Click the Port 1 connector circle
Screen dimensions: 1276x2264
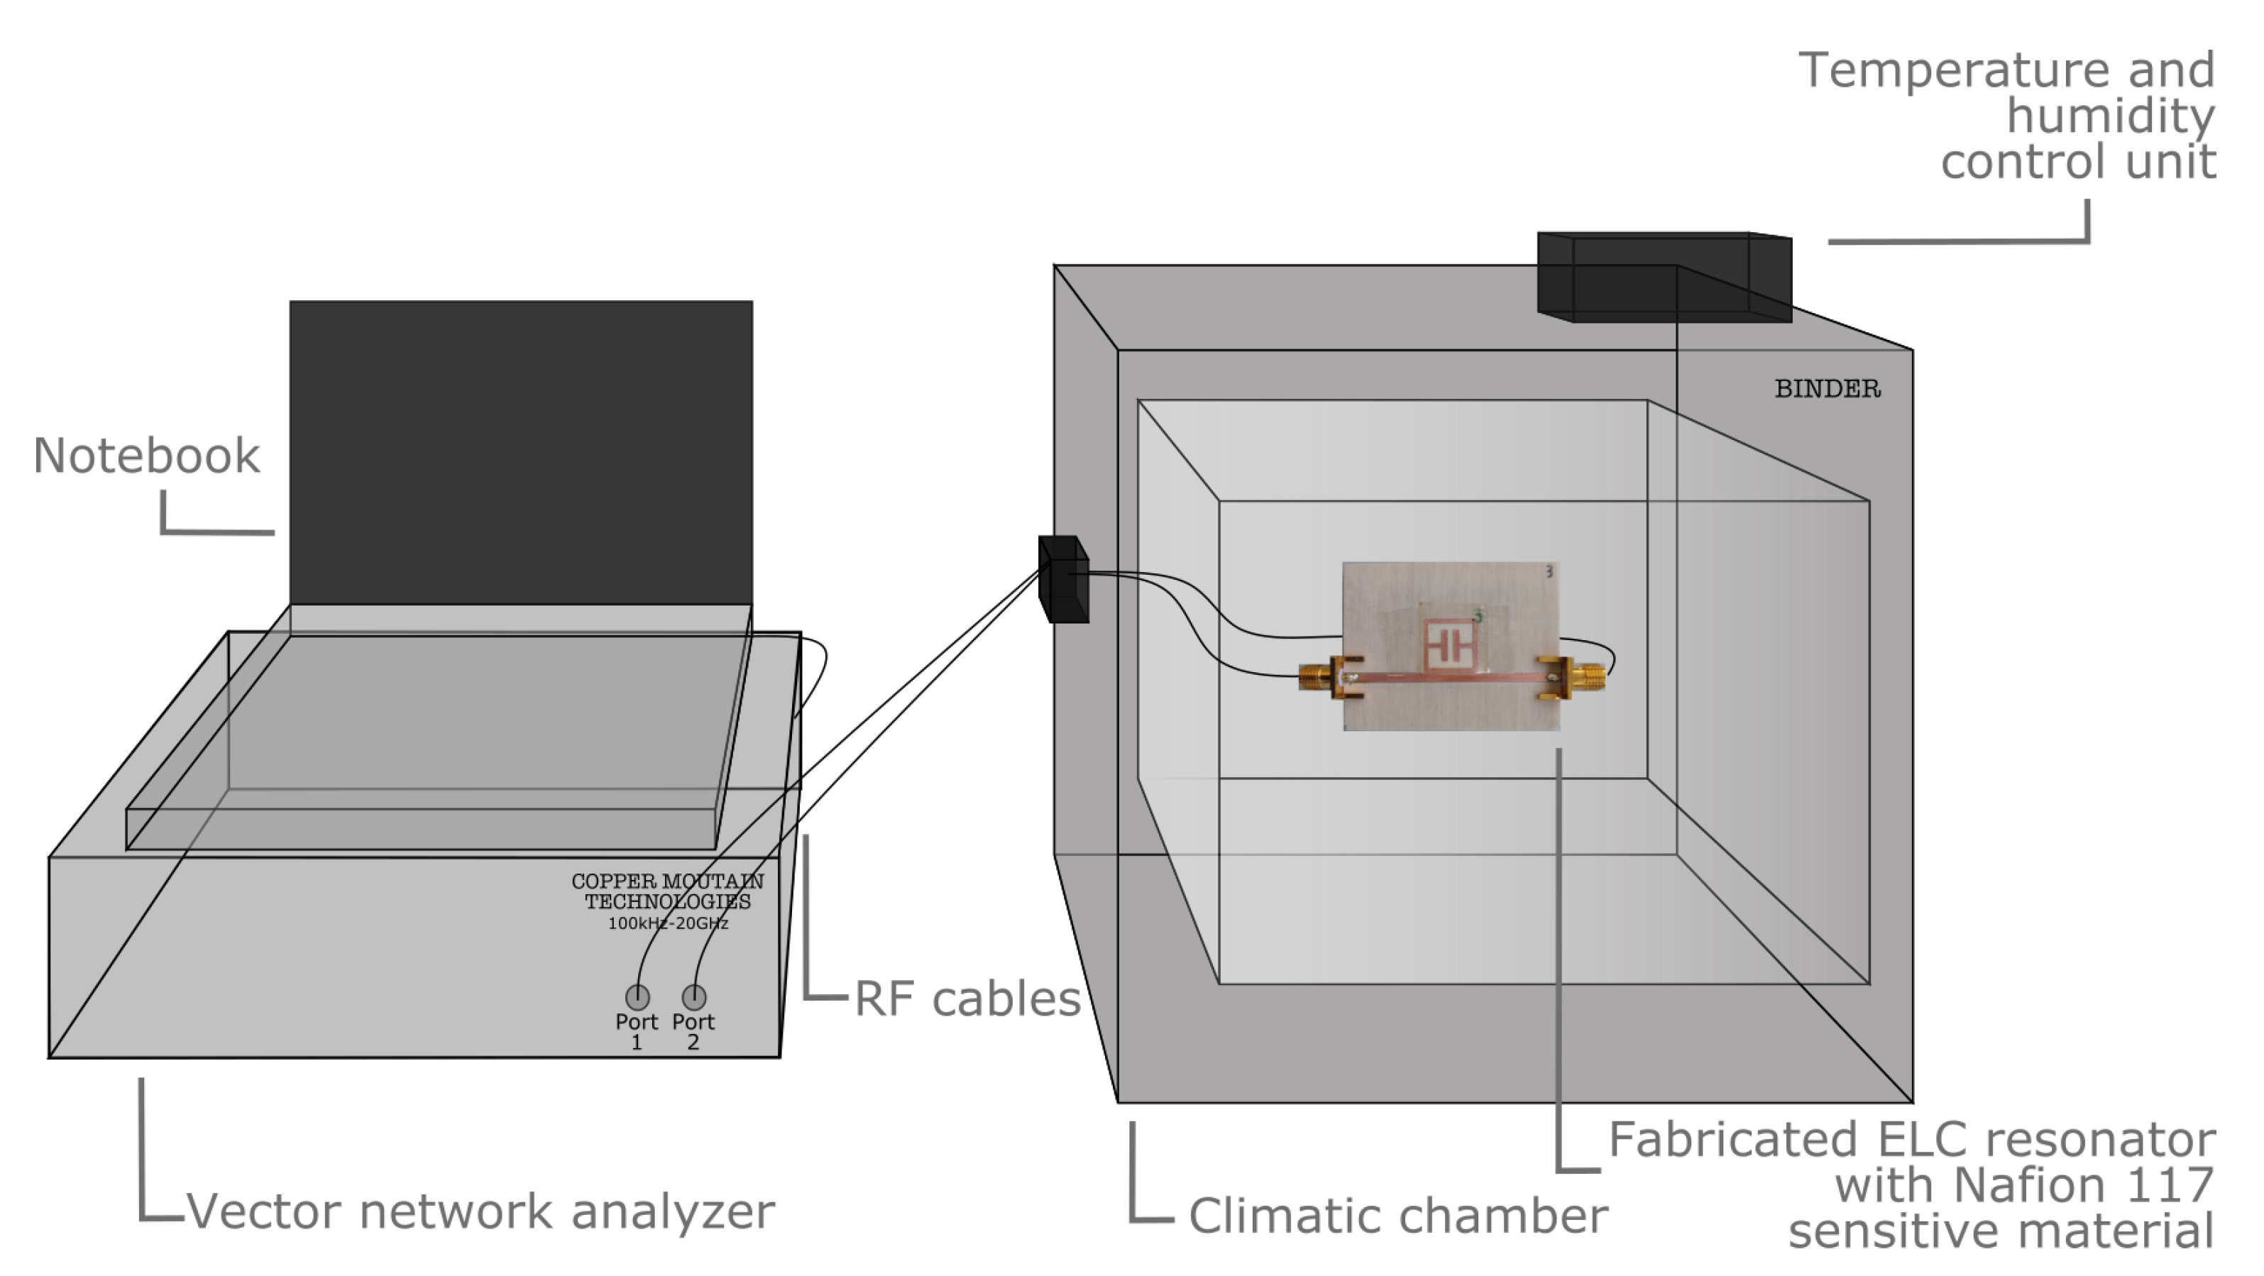point(637,996)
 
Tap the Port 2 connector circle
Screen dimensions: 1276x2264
point(693,996)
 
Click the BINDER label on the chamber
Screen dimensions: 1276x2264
point(1828,388)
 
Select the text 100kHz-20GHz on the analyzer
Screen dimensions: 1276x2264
point(668,923)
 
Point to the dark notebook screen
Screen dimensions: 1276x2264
point(521,453)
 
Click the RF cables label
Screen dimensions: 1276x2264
point(967,999)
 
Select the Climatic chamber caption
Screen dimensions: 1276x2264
point(1398,1216)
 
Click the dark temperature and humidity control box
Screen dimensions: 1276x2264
point(1664,277)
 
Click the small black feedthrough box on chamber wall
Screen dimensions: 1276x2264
point(1063,579)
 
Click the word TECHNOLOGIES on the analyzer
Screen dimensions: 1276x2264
point(668,901)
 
